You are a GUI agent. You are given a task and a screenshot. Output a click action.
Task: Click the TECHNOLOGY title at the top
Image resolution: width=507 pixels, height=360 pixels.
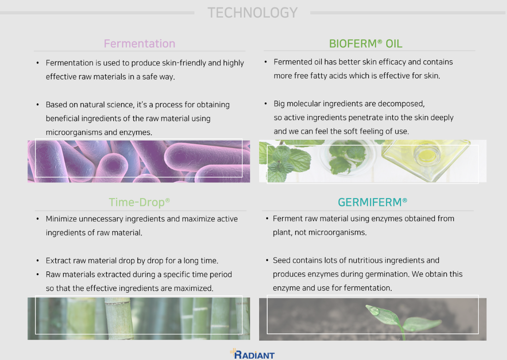pyautogui.click(x=252, y=13)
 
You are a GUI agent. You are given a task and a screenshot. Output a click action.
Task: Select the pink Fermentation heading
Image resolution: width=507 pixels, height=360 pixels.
pyautogui.click(x=139, y=44)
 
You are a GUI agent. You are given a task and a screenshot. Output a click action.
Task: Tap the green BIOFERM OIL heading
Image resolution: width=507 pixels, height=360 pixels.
pyautogui.click(x=366, y=44)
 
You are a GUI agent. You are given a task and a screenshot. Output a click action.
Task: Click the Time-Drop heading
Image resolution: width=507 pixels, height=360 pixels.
pyautogui.click(x=139, y=202)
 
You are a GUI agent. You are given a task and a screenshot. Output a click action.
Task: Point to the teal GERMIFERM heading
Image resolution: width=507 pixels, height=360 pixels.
pyautogui.click(x=372, y=202)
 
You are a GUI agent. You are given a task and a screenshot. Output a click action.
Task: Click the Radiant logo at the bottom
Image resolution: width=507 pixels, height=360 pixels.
pyautogui.click(x=252, y=354)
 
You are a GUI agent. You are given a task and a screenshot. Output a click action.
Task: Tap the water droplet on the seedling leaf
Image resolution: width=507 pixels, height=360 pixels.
pyautogui.click(x=375, y=311)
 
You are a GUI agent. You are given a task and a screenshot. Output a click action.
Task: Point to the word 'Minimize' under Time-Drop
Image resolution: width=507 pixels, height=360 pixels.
pyautogui.click(x=61, y=219)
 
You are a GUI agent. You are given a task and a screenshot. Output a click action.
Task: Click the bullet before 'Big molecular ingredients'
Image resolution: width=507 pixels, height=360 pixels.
pyautogui.click(x=266, y=104)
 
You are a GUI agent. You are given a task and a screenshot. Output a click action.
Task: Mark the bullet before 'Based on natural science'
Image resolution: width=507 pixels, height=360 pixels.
pyautogui.click(x=38, y=105)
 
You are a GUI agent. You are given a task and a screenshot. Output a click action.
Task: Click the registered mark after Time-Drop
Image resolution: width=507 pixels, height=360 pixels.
pyautogui.click(x=168, y=200)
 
